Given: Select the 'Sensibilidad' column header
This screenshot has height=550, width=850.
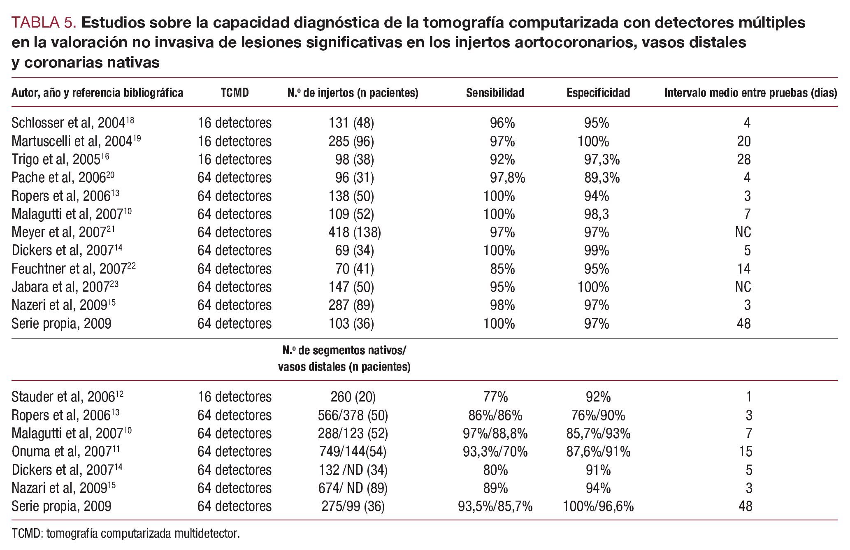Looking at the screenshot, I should (495, 93).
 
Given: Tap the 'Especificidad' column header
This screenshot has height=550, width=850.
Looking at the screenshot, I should (598, 93).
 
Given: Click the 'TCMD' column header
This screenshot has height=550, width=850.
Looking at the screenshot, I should (235, 93).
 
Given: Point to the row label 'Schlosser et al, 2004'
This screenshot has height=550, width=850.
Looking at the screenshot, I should (72, 123).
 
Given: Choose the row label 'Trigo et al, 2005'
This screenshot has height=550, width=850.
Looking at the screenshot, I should (60, 160).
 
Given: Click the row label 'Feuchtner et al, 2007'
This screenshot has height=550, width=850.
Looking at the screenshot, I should (73, 269).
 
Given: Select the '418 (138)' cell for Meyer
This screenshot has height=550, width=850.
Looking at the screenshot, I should (354, 232).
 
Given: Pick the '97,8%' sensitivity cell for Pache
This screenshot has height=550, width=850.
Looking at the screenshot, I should (507, 178).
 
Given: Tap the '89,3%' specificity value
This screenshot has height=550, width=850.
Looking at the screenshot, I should (602, 178).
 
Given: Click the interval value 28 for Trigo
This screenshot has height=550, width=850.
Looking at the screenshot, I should (743, 160).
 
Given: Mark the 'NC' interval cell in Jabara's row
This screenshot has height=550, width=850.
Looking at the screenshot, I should (743, 287).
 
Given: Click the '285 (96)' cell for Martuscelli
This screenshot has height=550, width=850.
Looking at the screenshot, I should (351, 142).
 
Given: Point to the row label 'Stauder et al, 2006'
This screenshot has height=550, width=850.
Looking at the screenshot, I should (67, 397).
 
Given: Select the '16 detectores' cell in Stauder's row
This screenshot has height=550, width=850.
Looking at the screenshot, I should (235, 397).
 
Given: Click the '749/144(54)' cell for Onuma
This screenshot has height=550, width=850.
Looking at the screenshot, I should (353, 452).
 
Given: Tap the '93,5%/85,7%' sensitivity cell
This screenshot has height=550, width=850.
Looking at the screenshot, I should (495, 506).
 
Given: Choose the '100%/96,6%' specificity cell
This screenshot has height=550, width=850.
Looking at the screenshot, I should (598, 506).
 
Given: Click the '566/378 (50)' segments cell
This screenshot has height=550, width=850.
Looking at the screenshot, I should (353, 415).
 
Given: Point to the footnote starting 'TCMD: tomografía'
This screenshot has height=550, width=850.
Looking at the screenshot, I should (125, 534).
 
